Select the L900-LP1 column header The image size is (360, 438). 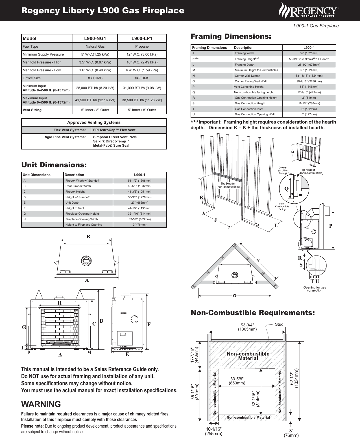(x=142, y=38)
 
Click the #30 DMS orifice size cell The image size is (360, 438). (x=95, y=78)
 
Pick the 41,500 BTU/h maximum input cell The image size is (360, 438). (x=95, y=100)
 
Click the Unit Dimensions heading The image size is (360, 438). (x=54, y=165)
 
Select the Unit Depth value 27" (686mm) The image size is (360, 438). (x=139, y=203)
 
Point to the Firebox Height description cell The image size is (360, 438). (x=75, y=192)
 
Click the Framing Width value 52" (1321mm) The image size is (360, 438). (x=309, y=53)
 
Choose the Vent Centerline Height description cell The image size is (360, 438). (x=249, y=87)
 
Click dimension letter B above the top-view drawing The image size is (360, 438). (x=88, y=237)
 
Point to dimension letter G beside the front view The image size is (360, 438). (x=24, y=327)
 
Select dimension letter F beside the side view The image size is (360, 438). (x=149, y=324)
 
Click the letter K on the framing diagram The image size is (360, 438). (x=202, y=198)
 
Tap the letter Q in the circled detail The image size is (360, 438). (x=286, y=189)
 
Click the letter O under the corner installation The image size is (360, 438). (x=234, y=296)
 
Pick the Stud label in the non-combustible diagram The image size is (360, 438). (x=279, y=324)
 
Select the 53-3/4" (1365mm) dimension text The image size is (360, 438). (x=247, y=327)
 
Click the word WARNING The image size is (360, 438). (x=41, y=404)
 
